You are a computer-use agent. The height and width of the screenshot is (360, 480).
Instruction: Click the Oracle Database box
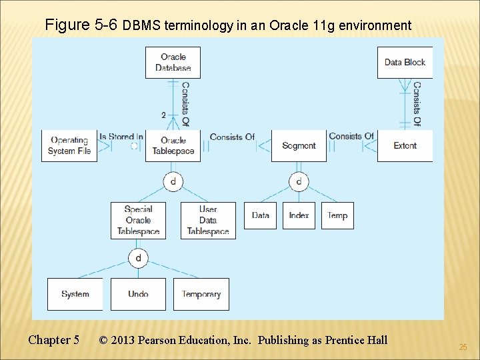coord(173,63)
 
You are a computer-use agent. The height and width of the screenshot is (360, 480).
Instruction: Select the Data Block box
coord(405,63)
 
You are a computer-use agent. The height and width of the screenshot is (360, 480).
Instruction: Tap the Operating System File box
coord(69,145)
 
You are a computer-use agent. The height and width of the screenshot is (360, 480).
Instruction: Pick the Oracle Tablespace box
coord(173,145)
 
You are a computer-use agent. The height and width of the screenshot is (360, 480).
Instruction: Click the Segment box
coord(299,145)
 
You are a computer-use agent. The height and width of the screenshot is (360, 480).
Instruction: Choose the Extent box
coord(405,145)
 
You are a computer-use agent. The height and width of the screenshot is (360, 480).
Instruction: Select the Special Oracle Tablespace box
coord(138,220)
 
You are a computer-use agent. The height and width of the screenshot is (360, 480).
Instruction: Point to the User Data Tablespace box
coord(208,220)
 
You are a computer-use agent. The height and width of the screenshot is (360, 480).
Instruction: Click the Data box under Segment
coord(260,215)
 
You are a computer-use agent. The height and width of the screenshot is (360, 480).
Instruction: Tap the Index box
coord(299,215)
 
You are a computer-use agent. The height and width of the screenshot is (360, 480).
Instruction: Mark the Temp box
coord(337,215)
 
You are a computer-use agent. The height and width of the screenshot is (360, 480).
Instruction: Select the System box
coord(75,294)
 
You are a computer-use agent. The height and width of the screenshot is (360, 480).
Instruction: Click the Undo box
coord(138,294)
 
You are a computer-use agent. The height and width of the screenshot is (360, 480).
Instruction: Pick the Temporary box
coord(201,294)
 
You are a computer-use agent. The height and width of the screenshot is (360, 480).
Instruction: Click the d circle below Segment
coord(299,181)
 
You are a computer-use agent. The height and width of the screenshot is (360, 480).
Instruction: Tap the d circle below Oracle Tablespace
coord(173,181)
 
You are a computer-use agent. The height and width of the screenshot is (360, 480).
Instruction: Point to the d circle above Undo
coord(138,258)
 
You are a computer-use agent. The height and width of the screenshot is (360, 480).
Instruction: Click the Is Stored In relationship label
coord(121,137)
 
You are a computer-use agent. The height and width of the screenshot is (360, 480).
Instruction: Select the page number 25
coord(463,347)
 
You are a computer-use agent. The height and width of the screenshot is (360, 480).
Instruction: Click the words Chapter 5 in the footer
coord(54,340)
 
